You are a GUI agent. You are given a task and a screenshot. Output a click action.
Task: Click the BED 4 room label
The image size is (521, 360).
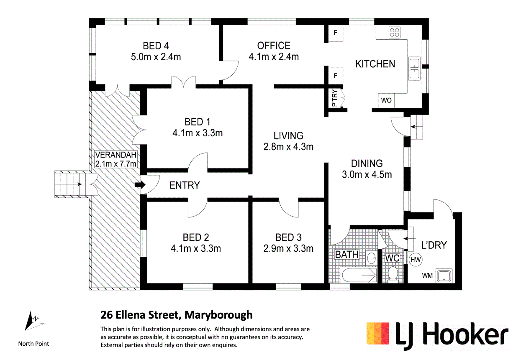[x=156, y=46]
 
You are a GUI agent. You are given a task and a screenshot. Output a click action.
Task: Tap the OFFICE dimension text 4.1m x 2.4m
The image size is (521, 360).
[x=274, y=57]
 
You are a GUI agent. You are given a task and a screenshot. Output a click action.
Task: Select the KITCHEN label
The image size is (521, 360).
[x=375, y=64]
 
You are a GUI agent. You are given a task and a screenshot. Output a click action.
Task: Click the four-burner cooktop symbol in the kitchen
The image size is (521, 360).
[x=395, y=33]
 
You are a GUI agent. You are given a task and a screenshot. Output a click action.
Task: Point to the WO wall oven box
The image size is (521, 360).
[x=386, y=100]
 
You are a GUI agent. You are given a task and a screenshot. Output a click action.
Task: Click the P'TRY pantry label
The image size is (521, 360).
[x=334, y=98]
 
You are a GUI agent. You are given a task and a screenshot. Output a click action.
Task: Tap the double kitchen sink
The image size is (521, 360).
[x=414, y=69]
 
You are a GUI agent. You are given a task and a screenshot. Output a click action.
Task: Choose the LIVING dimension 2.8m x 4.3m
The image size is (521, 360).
[x=288, y=147]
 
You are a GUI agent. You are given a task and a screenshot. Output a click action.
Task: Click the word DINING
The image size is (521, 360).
[x=367, y=163]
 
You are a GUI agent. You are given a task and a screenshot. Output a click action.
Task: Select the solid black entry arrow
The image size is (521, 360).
[x=140, y=185]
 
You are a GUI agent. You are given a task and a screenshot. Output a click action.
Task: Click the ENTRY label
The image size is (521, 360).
[x=185, y=186]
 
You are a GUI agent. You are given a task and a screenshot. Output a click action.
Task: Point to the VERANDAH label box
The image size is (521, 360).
[x=115, y=159]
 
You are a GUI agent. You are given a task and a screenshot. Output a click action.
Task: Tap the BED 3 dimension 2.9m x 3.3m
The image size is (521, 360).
[x=288, y=249]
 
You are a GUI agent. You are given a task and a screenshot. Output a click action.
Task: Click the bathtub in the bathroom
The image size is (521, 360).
[x=359, y=275]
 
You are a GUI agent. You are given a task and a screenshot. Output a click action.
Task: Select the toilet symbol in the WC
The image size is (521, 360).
[x=393, y=274]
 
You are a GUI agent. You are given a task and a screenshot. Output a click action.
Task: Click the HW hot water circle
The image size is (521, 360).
[x=416, y=260]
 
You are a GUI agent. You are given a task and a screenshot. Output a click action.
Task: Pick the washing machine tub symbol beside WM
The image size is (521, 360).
[x=444, y=276]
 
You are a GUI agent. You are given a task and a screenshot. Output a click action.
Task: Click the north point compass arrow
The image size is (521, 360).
[x=31, y=321]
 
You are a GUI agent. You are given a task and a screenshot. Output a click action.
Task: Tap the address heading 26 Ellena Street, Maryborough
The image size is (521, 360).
[x=176, y=315]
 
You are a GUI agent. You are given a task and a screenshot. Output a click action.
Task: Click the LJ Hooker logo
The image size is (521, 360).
[x=437, y=336]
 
